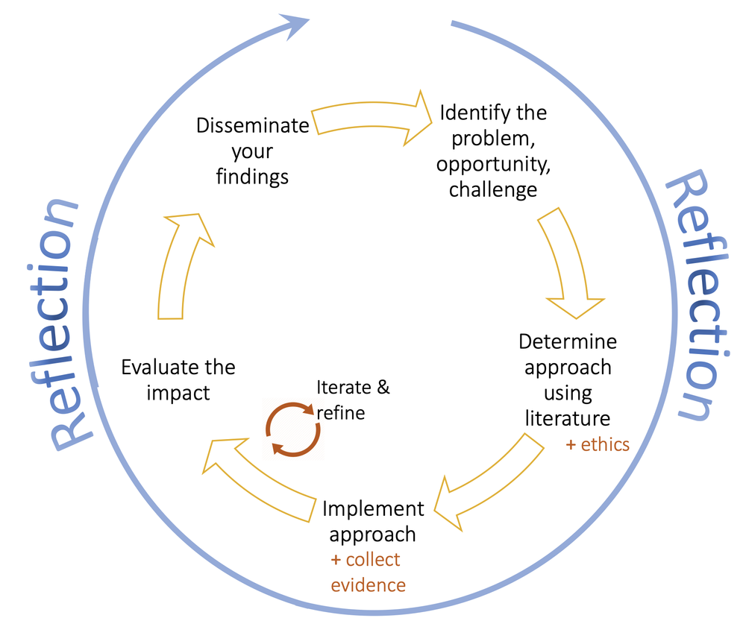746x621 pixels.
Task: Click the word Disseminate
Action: click(252, 124)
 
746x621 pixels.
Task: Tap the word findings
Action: click(252, 177)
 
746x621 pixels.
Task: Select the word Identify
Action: click(467, 113)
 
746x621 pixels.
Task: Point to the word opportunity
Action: click(493, 164)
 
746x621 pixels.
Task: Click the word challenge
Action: click(492, 190)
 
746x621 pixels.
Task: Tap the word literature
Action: click(568, 417)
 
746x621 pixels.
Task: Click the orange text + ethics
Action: click(598, 445)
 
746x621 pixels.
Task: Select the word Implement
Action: click(373, 509)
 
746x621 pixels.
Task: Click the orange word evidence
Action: click(369, 585)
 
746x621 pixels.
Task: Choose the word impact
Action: click(178, 393)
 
